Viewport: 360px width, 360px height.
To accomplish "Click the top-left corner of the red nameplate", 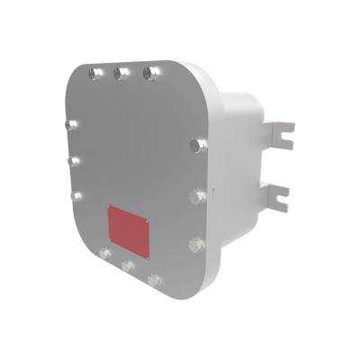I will click(108, 205).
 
